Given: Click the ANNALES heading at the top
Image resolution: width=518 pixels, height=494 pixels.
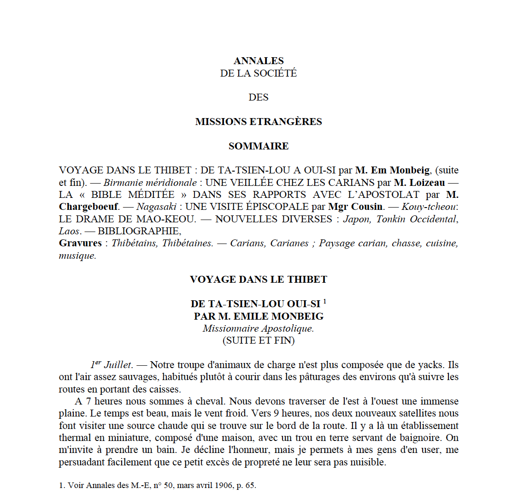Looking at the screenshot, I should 259,61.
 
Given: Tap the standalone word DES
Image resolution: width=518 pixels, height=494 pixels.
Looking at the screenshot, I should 259,97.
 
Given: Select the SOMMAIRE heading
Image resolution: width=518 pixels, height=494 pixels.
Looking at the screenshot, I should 259,146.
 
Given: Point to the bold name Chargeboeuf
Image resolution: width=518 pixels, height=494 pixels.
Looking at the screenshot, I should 88,207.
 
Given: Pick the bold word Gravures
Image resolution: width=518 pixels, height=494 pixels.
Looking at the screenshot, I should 80,243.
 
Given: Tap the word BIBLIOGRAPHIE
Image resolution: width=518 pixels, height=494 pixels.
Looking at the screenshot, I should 139,231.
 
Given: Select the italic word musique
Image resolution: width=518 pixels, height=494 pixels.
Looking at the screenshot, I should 77,256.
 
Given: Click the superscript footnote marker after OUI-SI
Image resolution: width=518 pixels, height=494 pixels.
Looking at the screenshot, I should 325,301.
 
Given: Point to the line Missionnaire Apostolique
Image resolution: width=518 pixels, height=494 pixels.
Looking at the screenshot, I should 259,328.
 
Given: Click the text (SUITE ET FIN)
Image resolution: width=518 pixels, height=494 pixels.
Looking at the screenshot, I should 259,341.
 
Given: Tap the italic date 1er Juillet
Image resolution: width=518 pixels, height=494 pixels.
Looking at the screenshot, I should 111,365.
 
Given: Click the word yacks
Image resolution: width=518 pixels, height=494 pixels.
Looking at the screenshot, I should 430,365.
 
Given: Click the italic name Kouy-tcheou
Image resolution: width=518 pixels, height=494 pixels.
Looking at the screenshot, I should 429,207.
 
